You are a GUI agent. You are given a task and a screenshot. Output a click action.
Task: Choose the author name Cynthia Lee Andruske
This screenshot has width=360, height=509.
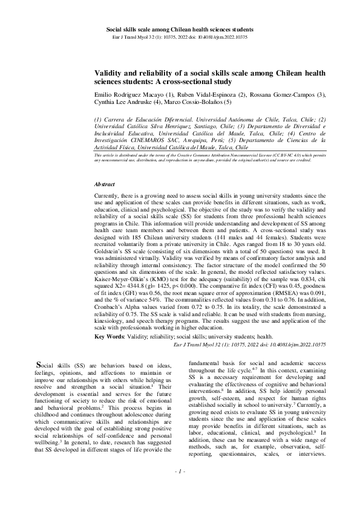pos(123,102)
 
